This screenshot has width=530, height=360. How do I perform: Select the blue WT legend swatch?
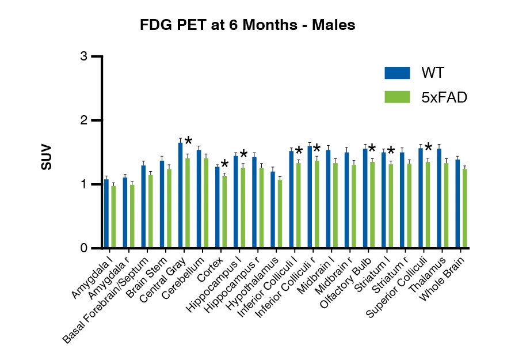point(397,73)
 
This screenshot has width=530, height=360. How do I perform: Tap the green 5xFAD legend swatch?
point(397,97)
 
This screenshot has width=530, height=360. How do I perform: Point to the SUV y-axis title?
point(47,156)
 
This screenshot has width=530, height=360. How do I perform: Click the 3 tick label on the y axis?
point(84,56)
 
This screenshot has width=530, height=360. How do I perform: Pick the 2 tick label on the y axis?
point(84,120)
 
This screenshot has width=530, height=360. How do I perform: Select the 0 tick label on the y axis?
point(84,248)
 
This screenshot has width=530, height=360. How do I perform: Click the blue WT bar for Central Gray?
point(181,196)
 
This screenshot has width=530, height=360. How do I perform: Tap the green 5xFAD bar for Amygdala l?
point(113,217)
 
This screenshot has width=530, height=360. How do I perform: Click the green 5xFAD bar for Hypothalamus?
point(280,214)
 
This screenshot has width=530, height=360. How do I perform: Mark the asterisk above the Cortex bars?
point(224,164)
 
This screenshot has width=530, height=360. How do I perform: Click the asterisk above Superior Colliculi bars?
point(428,147)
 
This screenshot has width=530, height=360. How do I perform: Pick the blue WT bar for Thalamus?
point(439,199)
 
